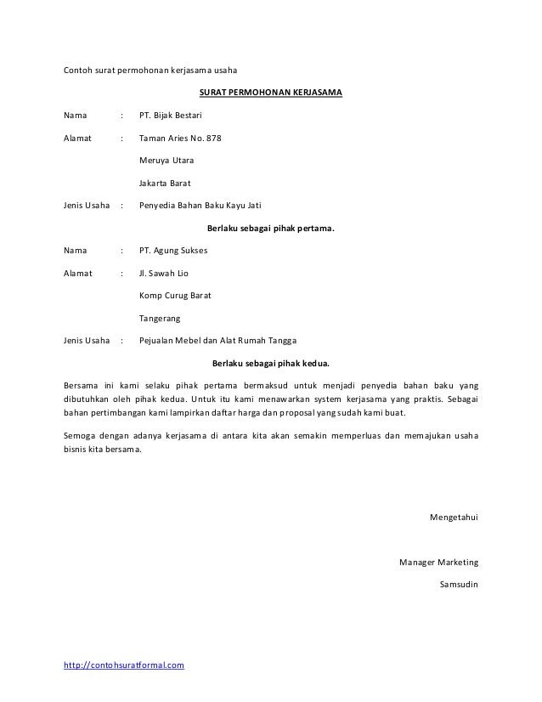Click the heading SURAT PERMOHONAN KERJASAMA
pos(271,91)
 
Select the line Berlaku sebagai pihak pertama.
pos(271,228)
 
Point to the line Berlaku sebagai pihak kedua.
pos(271,365)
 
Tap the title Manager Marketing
pos(438,563)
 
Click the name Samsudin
pos(459,585)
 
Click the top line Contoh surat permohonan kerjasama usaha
pos(152,69)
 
